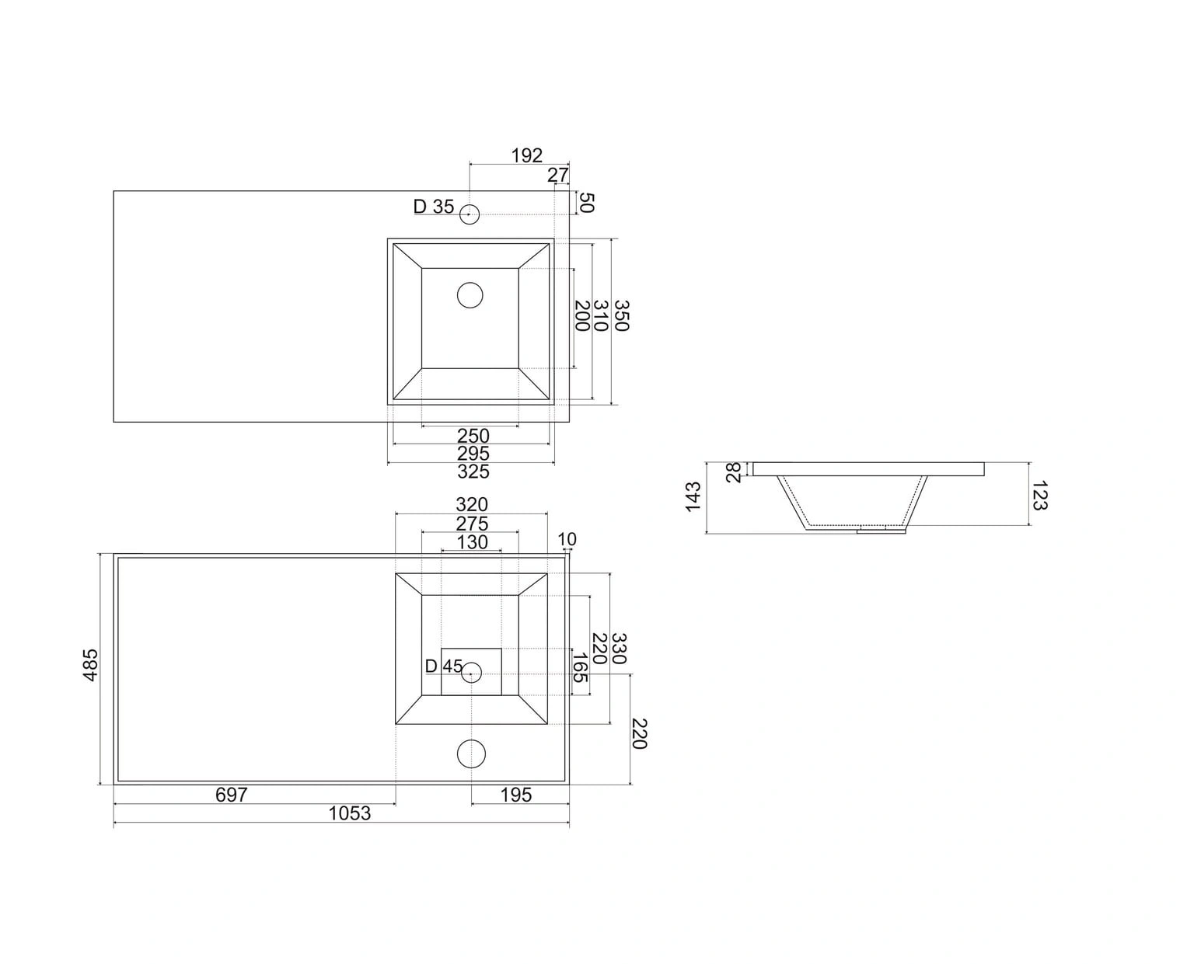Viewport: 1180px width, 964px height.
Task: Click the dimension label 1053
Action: [x=349, y=813]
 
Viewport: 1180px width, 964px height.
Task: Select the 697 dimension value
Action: [x=231, y=795]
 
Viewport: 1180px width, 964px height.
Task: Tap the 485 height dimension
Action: [x=91, y=665]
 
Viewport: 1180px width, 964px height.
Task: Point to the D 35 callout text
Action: [x=434, y=207]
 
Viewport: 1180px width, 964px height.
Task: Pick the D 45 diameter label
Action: [x=444, y=666]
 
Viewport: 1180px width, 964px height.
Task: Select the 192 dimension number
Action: [x=526, y=155]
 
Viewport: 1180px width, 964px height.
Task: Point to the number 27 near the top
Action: [x=558, y=175]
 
